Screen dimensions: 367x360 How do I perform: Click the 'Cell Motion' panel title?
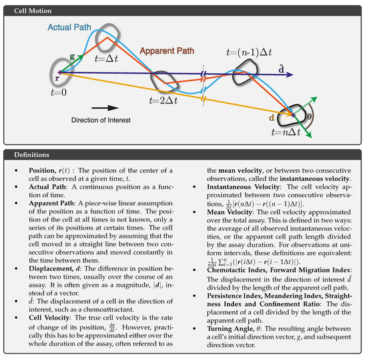coord(30,11)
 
